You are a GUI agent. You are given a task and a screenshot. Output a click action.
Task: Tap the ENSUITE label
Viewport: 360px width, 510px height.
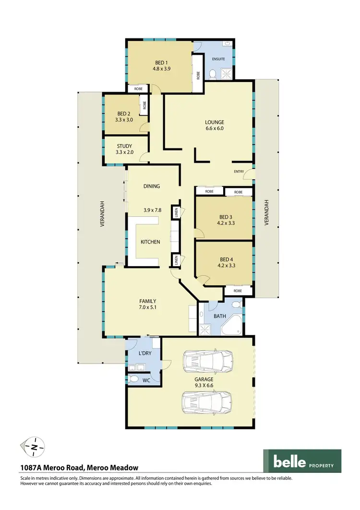(x=218, y=59)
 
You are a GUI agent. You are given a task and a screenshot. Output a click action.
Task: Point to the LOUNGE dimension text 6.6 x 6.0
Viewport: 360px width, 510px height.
(x=215, y=128)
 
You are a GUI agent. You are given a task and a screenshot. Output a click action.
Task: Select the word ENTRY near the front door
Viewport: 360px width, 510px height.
(x=239, y=171)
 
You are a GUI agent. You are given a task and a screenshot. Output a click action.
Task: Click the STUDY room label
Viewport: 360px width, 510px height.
(x=124, y=146)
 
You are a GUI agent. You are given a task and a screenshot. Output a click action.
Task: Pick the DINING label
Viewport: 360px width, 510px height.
(x=152, y=186)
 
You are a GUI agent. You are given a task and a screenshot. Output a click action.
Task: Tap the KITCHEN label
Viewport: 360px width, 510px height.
(x=150, y=242)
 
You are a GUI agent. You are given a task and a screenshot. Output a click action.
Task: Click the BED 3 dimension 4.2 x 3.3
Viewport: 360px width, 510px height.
(x=224, y=223)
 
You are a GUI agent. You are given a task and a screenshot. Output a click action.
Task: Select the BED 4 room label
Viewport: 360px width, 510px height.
(x=224, y=258)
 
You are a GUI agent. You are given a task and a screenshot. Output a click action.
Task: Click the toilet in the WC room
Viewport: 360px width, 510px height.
(x=132, y=379)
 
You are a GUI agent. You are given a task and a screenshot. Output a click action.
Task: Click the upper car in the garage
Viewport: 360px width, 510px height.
(x=208, y=360)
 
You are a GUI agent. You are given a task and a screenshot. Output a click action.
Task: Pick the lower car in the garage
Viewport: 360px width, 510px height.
(x=206, y=402)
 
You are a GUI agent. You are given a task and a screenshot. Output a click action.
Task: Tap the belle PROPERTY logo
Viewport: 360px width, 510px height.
(x=302, y=461)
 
